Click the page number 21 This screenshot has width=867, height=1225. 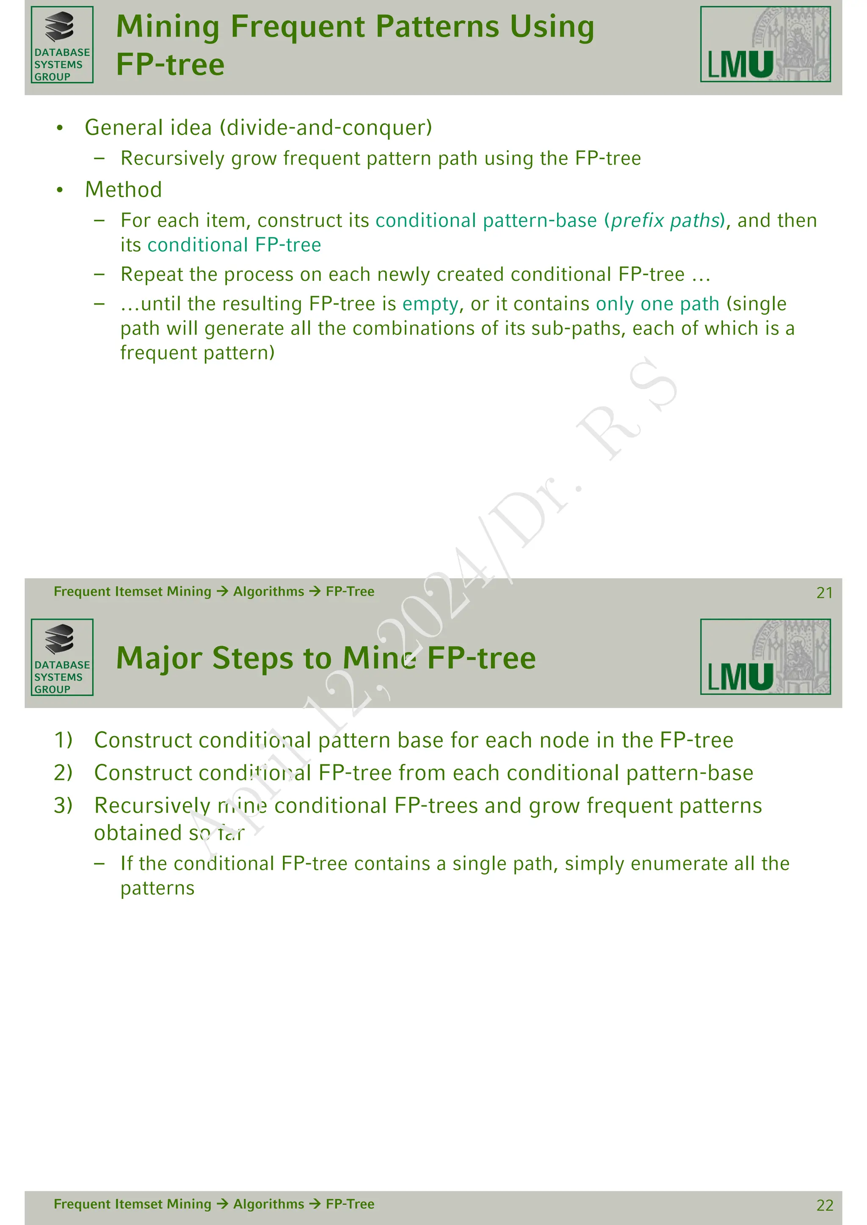click(824, 593)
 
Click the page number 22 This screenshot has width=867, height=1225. click(824, 1205)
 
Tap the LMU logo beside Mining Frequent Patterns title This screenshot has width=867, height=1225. click(765, 44)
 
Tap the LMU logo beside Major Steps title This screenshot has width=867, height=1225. click(765, 657)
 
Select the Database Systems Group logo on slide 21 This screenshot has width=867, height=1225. click(62, 45)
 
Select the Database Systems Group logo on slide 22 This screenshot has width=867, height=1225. click(62, 657)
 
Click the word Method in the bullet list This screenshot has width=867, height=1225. click(123, 190)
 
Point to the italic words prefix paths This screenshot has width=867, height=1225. click(665, 220)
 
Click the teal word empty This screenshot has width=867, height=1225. click(430, 304)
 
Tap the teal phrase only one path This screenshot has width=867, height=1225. click(658, 304)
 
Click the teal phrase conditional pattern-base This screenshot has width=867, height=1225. click(486, 220)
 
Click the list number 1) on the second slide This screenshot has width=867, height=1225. click(64, 740)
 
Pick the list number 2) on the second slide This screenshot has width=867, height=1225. click(64, 772)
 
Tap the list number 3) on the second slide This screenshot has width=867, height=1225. click(64, 805)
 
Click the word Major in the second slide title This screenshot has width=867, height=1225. click(160, 658)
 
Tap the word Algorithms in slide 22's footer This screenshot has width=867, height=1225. click(268, 1204)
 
